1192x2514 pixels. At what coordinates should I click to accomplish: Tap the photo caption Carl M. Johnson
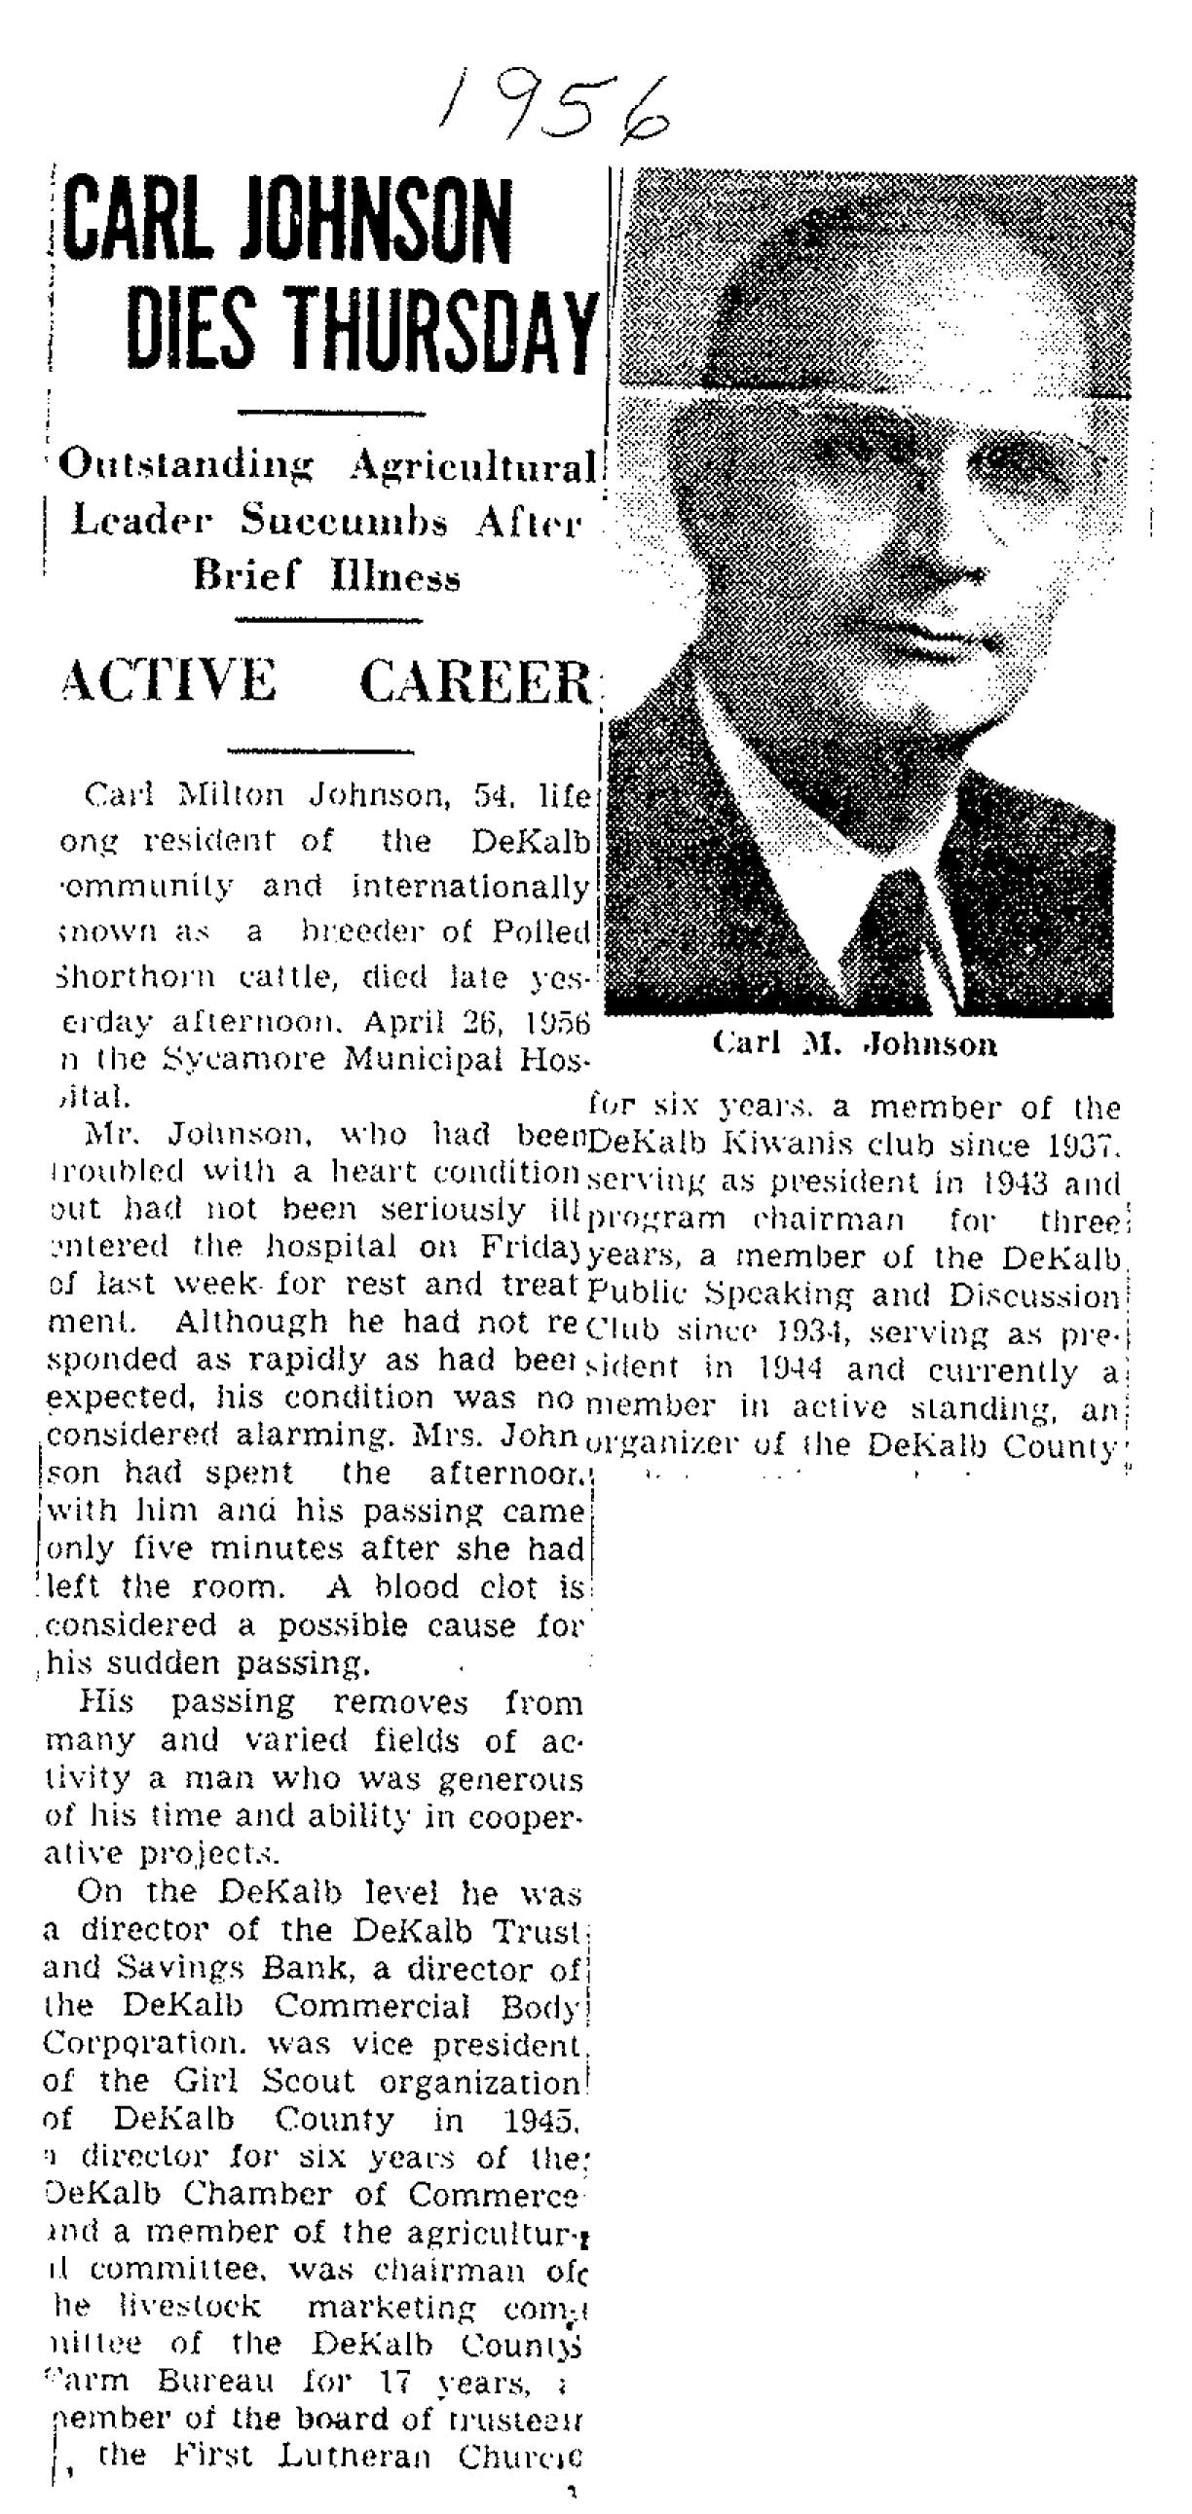click(855, 1045)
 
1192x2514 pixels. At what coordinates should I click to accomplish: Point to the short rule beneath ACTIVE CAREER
click(320, 751)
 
